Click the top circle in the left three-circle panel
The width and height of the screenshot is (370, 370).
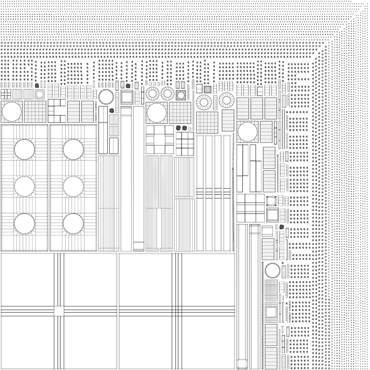(x=24, y=149)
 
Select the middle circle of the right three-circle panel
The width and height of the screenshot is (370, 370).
(x=73, y=186)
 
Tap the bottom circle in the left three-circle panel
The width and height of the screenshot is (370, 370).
(x=24, y=224)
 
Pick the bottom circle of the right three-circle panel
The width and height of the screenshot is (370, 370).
(x=73, y=224)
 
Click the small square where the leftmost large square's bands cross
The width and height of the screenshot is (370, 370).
(x=59, y=311)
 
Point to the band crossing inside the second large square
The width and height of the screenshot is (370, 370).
(x=177, y=311)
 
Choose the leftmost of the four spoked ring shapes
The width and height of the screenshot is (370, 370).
(x=152, y=94)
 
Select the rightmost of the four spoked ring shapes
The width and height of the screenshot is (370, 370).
(x=226, y=100)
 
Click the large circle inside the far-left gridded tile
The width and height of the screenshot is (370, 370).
(x=12, y=112)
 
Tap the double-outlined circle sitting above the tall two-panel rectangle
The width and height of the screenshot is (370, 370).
(x=106, y=97)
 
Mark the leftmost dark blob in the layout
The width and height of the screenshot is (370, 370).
(x=37, y=85)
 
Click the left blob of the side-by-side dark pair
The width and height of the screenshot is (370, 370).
(x=178, y=128)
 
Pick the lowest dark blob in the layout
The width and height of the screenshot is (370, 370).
(x=282, y=227)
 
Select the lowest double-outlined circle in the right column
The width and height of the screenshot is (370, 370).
(x=272, y=271)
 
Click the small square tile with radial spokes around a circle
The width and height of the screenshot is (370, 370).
(x=40, y=94)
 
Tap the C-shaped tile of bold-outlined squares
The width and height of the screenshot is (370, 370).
(x=57, y=111)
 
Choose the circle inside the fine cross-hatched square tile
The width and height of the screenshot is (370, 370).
(x=181, y=95)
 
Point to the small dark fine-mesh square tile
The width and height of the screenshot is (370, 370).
(x=208, y=89)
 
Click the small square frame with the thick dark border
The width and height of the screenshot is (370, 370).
(x=271, y=201)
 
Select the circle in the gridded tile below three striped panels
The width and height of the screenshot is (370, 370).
(x=247, y=132)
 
